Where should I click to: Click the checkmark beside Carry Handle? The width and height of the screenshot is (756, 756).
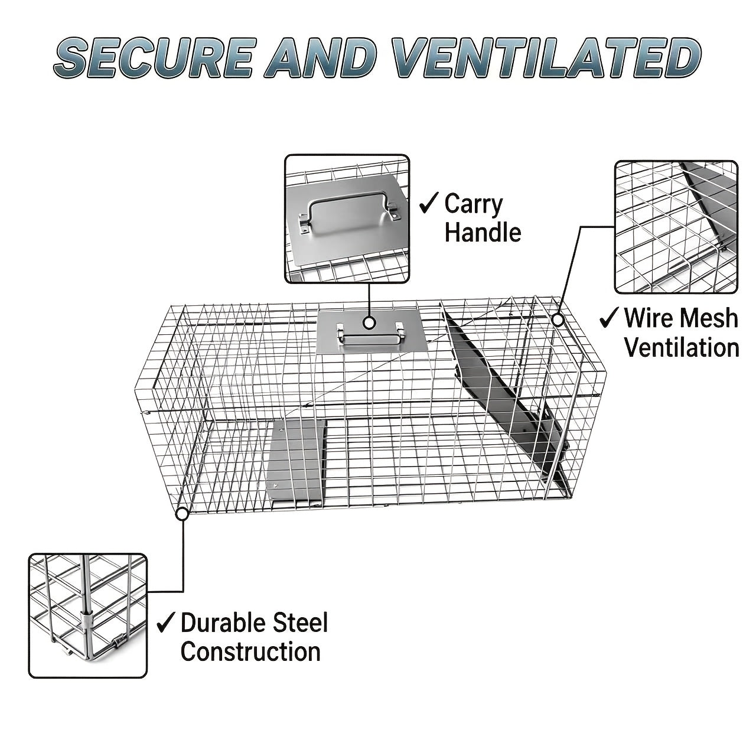[x=428, y=203]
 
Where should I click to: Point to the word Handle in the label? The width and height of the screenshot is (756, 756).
[x=483, y=232]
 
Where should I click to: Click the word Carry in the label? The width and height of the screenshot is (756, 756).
[x=474, y=204]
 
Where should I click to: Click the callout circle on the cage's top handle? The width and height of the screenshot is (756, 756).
[x=369, y=322]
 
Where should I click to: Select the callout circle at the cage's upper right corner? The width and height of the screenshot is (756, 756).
[x=558, y=320]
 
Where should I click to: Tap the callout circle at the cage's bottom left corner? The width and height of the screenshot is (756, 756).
[x=182, y=513]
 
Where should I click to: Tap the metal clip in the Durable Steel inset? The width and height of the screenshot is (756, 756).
[x=87, y=621]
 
